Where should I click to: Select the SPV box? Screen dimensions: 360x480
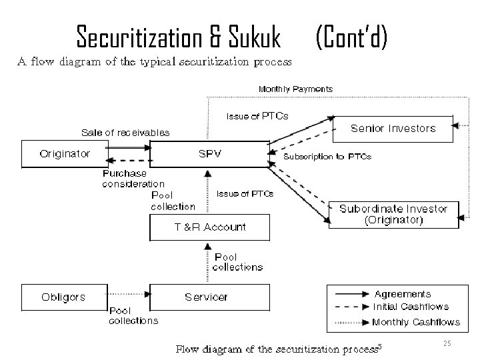point(209,153)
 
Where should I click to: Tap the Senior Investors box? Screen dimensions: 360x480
point(393,128)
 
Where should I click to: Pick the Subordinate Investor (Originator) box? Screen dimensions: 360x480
point(393,214)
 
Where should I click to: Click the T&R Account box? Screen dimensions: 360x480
point(209,227)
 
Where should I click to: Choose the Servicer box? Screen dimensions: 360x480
point(206,297)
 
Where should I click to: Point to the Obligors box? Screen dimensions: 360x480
point(63,297)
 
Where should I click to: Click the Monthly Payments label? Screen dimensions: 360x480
point(295,89)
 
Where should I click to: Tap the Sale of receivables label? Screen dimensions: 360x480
point(125,133)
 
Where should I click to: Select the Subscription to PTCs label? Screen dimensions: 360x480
point(327,157)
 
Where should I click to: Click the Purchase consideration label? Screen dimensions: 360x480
point(133,179)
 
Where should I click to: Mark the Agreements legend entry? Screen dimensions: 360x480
point(403,294)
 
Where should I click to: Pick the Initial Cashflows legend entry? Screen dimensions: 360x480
point(411,307)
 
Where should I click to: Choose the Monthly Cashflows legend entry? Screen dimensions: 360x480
point(415,322)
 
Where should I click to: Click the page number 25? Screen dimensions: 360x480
point(447,343)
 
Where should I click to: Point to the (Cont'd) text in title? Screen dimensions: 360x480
point(351,37)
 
